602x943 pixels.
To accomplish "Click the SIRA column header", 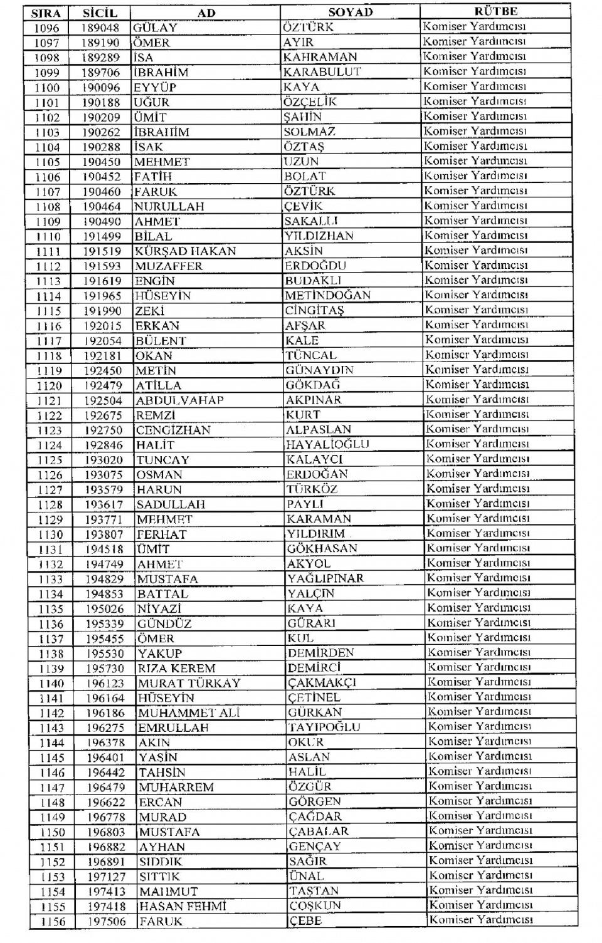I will [46, 13].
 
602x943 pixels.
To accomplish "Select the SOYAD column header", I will [350, 12].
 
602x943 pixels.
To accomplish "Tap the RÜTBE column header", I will [495, 11].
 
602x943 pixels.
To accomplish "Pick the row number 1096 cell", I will [46, 28].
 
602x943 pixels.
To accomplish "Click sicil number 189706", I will [100, 73].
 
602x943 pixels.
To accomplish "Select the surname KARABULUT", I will [322, 71].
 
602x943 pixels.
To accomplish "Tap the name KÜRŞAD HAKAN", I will [186, 251].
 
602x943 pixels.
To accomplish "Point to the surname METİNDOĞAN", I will [327, 295].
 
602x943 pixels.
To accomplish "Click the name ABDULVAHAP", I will [180, 400].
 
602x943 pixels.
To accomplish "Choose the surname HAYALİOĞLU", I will [327, 444].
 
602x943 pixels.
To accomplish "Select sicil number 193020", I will [103, 460].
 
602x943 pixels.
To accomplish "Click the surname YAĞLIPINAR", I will [325, 578].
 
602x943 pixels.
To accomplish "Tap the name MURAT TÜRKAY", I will [189, 684].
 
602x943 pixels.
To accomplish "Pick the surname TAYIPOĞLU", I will [324, 727].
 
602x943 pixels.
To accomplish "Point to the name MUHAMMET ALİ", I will [189, 713].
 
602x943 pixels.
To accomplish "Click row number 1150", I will [52, 833].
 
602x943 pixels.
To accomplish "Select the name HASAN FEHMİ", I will [182, 907].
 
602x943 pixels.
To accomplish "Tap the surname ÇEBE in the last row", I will [305, 921].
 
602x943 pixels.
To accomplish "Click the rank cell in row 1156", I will [481, 920].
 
